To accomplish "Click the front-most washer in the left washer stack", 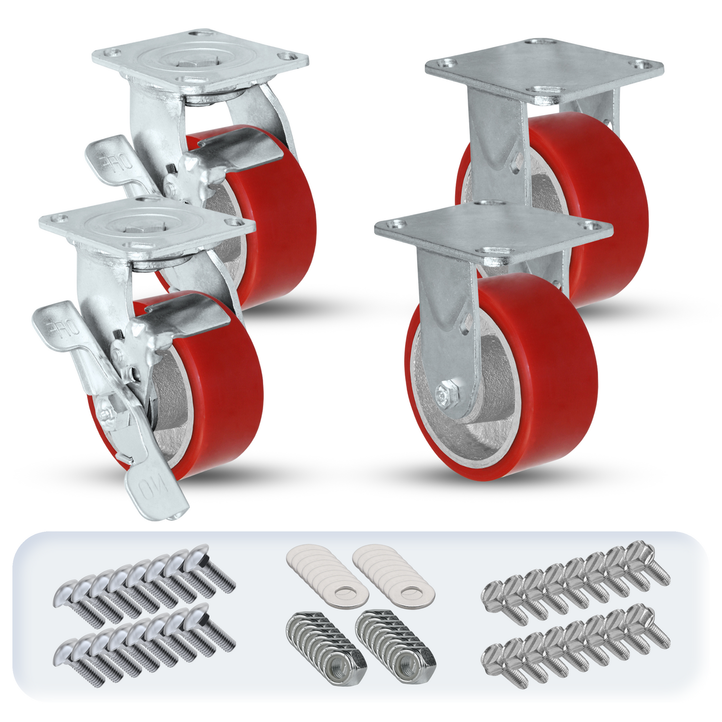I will tap(345, 593).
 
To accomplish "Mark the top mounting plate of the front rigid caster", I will tap(495, 230).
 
